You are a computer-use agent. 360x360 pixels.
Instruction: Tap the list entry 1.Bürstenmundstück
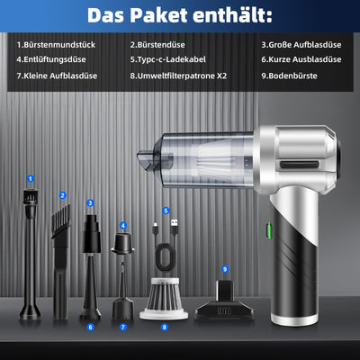point(56,45)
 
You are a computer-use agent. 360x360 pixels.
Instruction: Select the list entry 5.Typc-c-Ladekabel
point(168,59)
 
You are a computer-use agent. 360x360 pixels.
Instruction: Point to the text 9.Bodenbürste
point(289,76)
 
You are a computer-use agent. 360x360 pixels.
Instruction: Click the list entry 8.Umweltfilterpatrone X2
point(178,76)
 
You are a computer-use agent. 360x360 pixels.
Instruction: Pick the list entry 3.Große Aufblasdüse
point(301,45)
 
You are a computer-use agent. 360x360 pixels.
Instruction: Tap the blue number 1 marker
point(31,179)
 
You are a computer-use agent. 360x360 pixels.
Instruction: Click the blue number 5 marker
point(166,211)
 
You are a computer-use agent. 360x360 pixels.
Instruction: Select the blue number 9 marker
point(225,269)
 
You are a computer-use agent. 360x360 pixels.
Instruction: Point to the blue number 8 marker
point(164,327)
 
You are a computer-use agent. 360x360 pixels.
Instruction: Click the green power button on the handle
point(269,229)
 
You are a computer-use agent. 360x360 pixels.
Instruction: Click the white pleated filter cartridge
point(164,298)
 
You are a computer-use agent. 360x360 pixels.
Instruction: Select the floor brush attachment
point(224,302)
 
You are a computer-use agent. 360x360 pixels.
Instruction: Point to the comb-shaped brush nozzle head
point(61,221)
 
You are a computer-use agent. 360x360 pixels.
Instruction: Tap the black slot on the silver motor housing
point(300,165)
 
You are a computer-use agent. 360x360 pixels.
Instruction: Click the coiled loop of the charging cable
point(165,256)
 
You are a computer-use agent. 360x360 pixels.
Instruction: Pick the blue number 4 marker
point(123,226)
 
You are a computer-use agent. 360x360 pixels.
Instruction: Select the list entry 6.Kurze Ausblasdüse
point(301,59)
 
